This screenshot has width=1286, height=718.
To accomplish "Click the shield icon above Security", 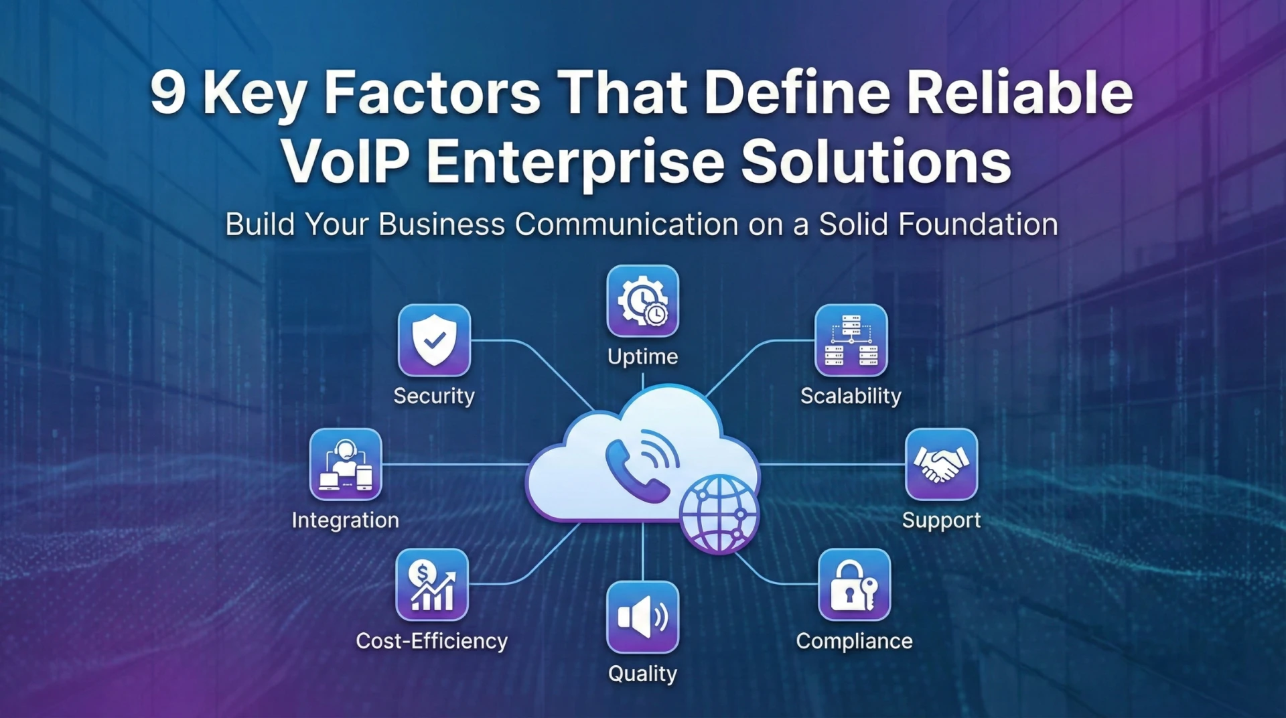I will (434, 340).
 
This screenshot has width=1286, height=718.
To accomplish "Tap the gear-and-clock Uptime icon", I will (642, 301).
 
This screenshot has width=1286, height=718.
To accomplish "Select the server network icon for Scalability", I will (851, 340).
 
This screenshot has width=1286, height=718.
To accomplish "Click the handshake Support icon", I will (941, 464).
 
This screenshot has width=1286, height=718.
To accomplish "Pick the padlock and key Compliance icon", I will (854, 585).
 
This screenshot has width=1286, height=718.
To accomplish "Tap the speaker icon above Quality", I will (642, 617).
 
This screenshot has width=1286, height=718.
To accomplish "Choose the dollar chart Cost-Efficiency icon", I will (432, 585).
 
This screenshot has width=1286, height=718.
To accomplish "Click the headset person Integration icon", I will (346, 464).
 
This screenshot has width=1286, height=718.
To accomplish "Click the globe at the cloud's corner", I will (719, 514).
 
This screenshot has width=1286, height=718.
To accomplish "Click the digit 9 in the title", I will (167, 92).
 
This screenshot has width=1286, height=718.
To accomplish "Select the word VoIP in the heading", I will (345, 162).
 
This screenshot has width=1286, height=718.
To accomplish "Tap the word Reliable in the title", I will (1019, 92).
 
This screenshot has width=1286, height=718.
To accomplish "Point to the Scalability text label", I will (851, 396).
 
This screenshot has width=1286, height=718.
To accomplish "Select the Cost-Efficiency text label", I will (432, 641).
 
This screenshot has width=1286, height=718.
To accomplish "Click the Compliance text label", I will (854, 641).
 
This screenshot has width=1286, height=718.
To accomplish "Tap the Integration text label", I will (346, 520).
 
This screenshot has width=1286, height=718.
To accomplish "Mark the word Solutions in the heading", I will (876, 162).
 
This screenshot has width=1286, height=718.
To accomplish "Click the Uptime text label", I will (642, 356).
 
